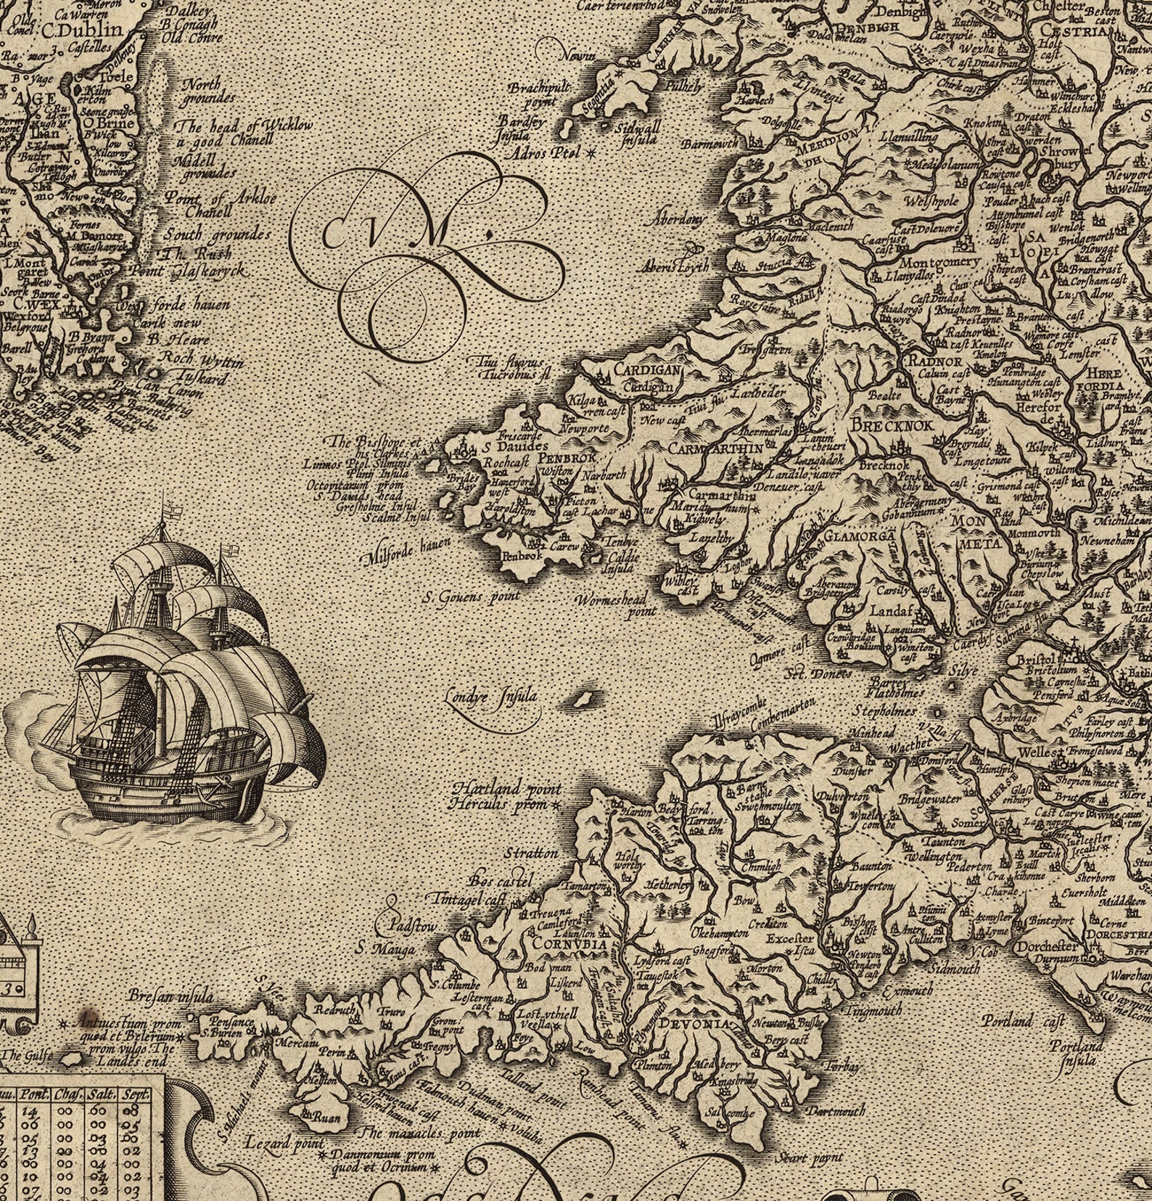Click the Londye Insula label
(x=493, y=696)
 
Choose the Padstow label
(x=410, y=927)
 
